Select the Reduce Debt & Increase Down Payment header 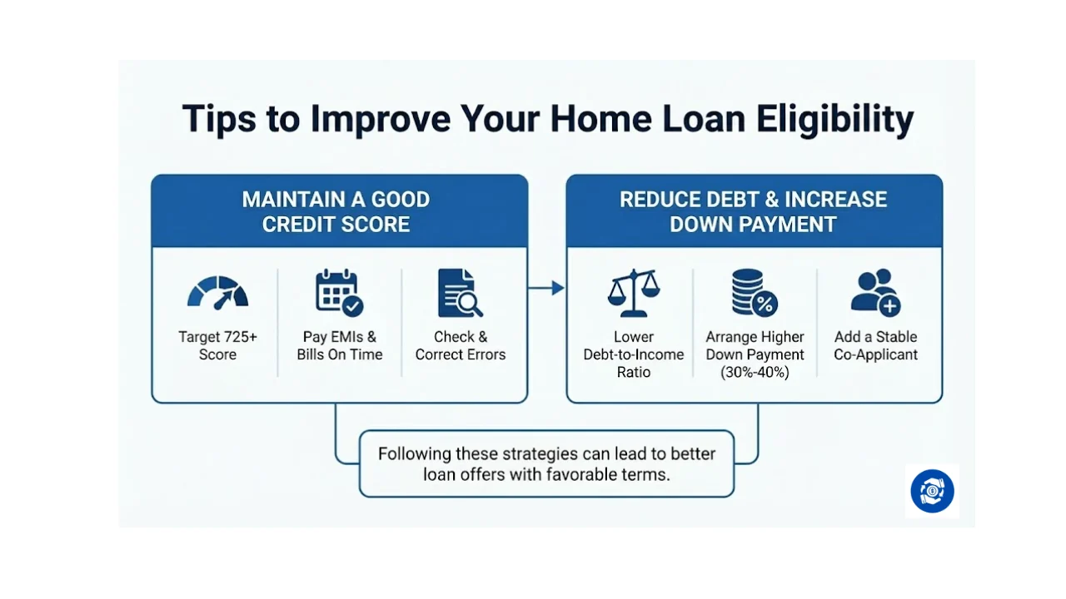tap(754, 211)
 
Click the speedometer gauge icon tap(217, 293)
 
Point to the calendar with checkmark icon tap(339, 293)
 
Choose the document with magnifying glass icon tap(460, 293)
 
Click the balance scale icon tap(633, 293)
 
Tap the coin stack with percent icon tap(755, 293)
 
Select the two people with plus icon tap(875, 293)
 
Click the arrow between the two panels tap(546, 288)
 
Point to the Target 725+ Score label tap(217, 346)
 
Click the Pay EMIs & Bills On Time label tap(339, 346)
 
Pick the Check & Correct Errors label tap(460, 346)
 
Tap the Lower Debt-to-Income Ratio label tap(633, 354)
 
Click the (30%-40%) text tap(755, 373)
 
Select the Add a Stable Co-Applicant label tap(875, 346)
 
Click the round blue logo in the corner tap(932, 491)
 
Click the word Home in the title tap(588, 119)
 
